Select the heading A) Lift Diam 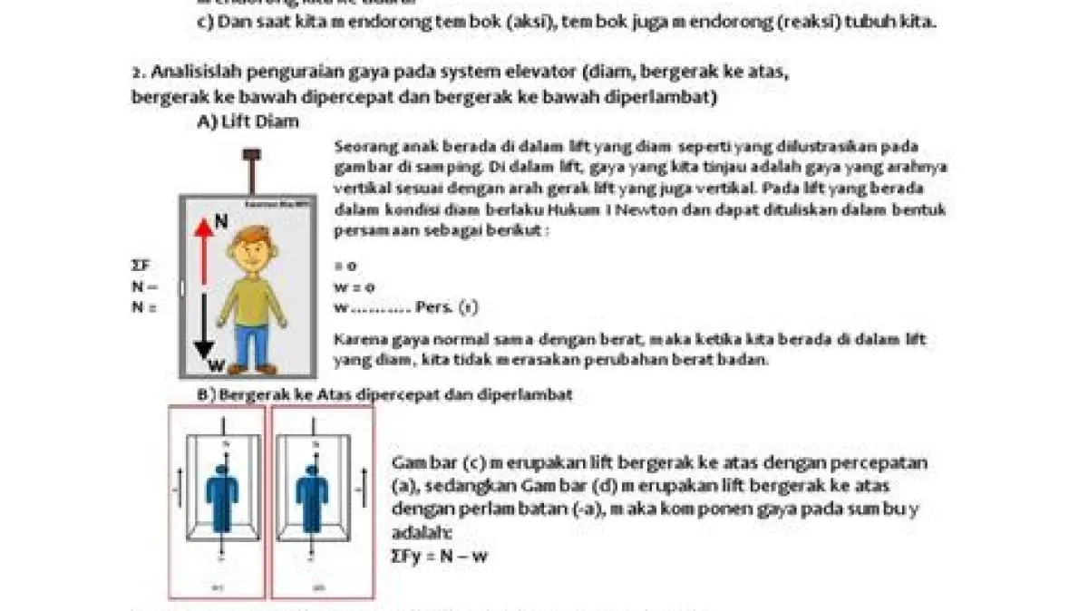(x=248, y=122)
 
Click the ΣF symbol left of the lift (x=141, y=266)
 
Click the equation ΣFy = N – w (x=440, y=556)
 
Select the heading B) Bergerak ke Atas (x=272, y=395)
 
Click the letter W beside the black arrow (x=216, y=365)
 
